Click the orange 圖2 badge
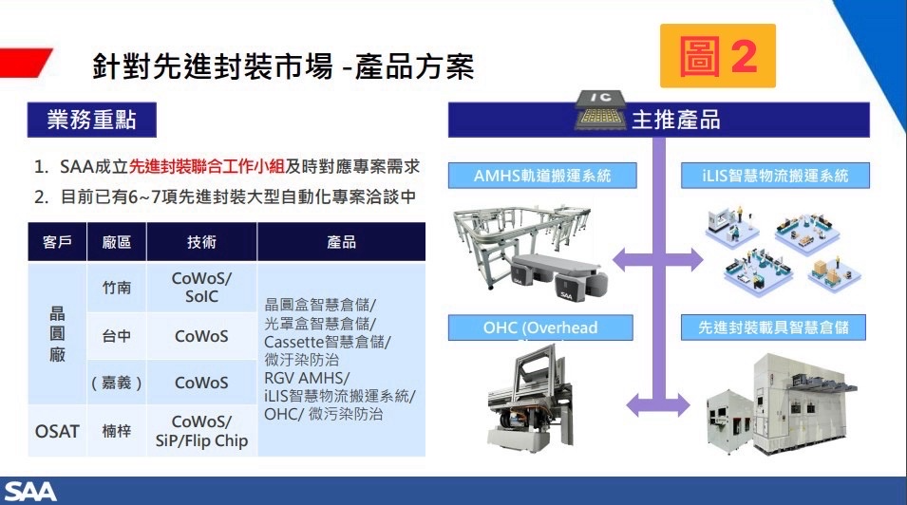(x=718, y=57)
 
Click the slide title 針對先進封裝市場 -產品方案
(x=283, y=66)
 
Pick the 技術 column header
(x=201, y=242)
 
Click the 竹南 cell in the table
(x=116, y=288)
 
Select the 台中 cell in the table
(x=116, y=336)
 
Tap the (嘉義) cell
(x=116, y=383)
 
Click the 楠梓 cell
(x=116, y=430)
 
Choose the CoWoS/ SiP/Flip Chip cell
(x=201, y=430)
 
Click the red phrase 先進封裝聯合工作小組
(x=207, y=167)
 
